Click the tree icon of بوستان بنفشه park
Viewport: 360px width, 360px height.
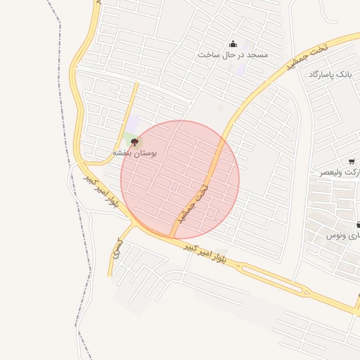(x=135, y=142)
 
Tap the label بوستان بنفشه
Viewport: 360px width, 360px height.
(x=135, y=153)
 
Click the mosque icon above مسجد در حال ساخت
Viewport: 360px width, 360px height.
(x=233, y=44)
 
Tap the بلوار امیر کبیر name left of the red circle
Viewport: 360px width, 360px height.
(x=102, y=191)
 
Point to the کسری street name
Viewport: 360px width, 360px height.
(x=117, y=248)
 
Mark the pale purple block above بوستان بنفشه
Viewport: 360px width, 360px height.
(x=132, y=124)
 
